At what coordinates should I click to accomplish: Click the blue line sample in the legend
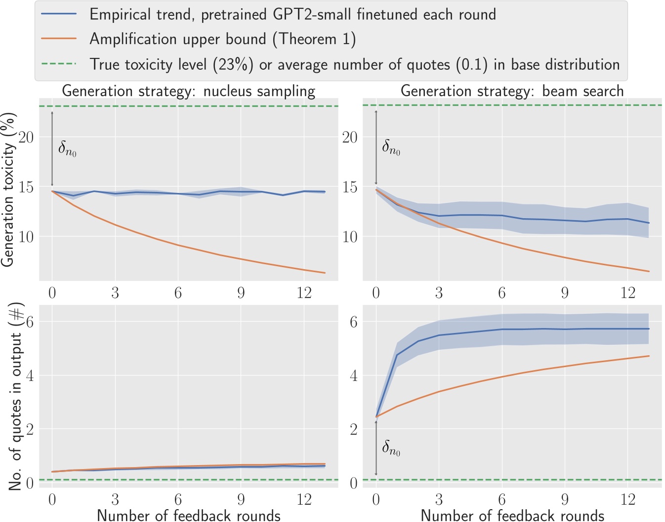coord(59,14)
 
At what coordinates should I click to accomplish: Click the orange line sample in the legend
coord(59,39)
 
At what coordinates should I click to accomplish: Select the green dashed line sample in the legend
coord(59,64)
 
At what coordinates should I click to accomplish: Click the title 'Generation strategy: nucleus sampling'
coord(188,91)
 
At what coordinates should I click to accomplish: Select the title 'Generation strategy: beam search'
coord(512,91)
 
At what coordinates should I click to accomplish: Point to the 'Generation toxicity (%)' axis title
coord(8,190)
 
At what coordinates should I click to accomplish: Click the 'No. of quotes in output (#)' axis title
coord(15,397)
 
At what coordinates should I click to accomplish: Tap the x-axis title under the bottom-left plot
coord(188,515)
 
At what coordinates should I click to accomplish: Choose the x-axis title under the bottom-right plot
coord(512,515)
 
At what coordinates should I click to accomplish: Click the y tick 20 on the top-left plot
coord(26,137)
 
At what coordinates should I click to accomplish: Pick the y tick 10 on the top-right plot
coord(350,237)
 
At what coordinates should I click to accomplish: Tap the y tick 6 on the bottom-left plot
coord(30,322)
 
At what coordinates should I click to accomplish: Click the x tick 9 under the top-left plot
coord(241,293)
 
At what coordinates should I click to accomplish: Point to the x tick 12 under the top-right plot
coord(627,293)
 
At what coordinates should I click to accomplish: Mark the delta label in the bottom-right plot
coord(391,448)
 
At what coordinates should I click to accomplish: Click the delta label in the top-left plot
coord(67,148)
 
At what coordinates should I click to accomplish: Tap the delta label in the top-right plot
coord(391,147)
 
